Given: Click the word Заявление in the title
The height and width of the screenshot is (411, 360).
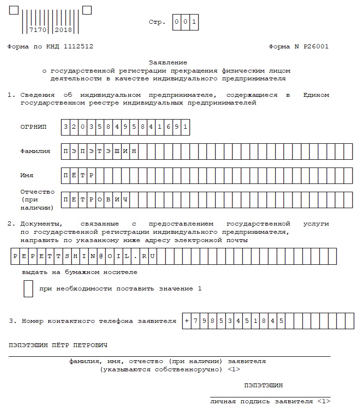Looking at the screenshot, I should (x=167, y=62).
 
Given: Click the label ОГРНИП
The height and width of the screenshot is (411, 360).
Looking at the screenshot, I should (x=33, y=127).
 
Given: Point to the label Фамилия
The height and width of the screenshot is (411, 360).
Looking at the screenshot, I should (x=35, y=151).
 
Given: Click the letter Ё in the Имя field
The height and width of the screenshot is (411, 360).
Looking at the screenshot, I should (x=75, y=175).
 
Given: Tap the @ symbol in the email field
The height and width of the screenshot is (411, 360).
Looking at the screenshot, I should (x=101, y=256).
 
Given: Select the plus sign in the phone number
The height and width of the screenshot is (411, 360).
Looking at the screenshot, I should (x=187, y=320).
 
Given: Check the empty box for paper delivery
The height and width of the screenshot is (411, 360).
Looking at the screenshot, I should (x=28, y=289).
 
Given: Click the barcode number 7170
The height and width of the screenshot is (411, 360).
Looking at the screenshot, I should (x=37, y=30).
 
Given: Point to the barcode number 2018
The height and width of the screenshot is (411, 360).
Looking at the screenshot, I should (x=63, y=30).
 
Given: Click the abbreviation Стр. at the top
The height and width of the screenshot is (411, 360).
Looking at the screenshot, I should (x=157, y=22).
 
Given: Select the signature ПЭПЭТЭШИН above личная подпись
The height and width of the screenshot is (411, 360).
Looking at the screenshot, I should (x=264, y=385).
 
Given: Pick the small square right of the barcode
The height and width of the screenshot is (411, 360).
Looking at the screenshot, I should (x=87, y=10).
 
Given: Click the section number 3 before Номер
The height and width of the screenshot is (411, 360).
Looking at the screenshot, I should (x=11, y=320).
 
